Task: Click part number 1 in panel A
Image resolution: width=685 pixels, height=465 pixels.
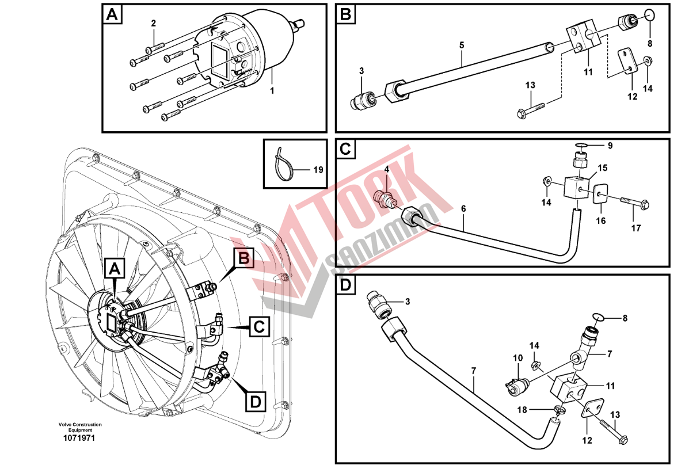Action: click(x=273, y=90)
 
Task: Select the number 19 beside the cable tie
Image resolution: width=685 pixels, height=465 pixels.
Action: click(x=318, y=170)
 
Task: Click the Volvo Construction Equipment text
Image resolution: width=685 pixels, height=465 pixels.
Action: click(x=79, y=427)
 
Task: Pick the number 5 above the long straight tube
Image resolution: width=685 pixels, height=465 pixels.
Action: click(x=461, y=44)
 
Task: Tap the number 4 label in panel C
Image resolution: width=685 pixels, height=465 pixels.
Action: click(x=387, y=169)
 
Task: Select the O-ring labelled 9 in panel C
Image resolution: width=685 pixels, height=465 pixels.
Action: click(x=582, y=146)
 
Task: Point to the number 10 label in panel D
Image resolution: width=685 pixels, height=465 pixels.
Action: click(x=517, y=358)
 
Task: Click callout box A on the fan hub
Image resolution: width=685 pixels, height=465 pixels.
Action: click(x=115, y=268)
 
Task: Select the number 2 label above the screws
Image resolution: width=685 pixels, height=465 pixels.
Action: click(x=154, y=24)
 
